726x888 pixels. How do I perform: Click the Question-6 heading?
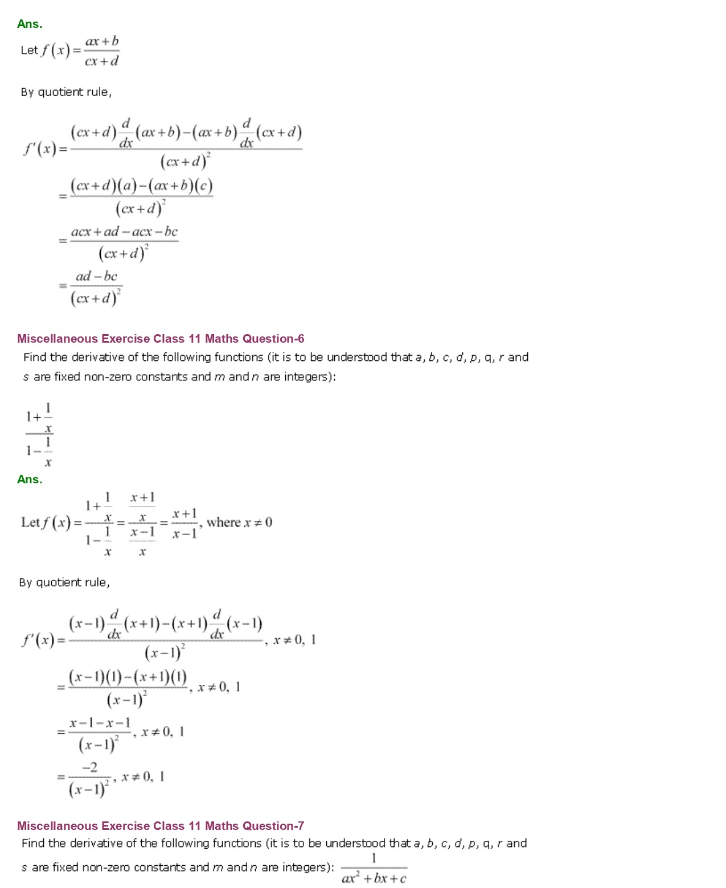click(x=161, y=339)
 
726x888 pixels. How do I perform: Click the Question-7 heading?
click(x=161, y=826)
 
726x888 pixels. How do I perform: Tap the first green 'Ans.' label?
click(x=30, y=24)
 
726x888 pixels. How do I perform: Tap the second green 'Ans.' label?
click(x=30, y=479)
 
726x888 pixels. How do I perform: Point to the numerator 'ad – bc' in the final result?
click(x=96, y=277)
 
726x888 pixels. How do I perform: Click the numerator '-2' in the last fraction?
click(x=90, y=767)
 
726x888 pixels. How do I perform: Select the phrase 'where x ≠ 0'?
click(x=239, y=523)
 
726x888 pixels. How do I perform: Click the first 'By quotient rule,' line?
click(x=66, y=92)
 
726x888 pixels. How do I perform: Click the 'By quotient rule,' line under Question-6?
click(x=64, y=582)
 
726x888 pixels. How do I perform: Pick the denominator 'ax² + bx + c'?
click(x=374, y=878)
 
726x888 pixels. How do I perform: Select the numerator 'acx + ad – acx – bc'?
click(x=124, y=232)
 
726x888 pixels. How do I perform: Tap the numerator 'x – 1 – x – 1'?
click(x=100, y=723)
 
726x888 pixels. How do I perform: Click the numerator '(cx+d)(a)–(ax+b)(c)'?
click(x=141, y=186)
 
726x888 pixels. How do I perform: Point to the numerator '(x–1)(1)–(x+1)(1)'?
click(x=128, y=677)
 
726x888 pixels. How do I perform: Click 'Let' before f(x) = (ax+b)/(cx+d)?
click(x=29, y=50)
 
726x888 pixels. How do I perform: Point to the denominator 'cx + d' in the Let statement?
click(x=102, y=61)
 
